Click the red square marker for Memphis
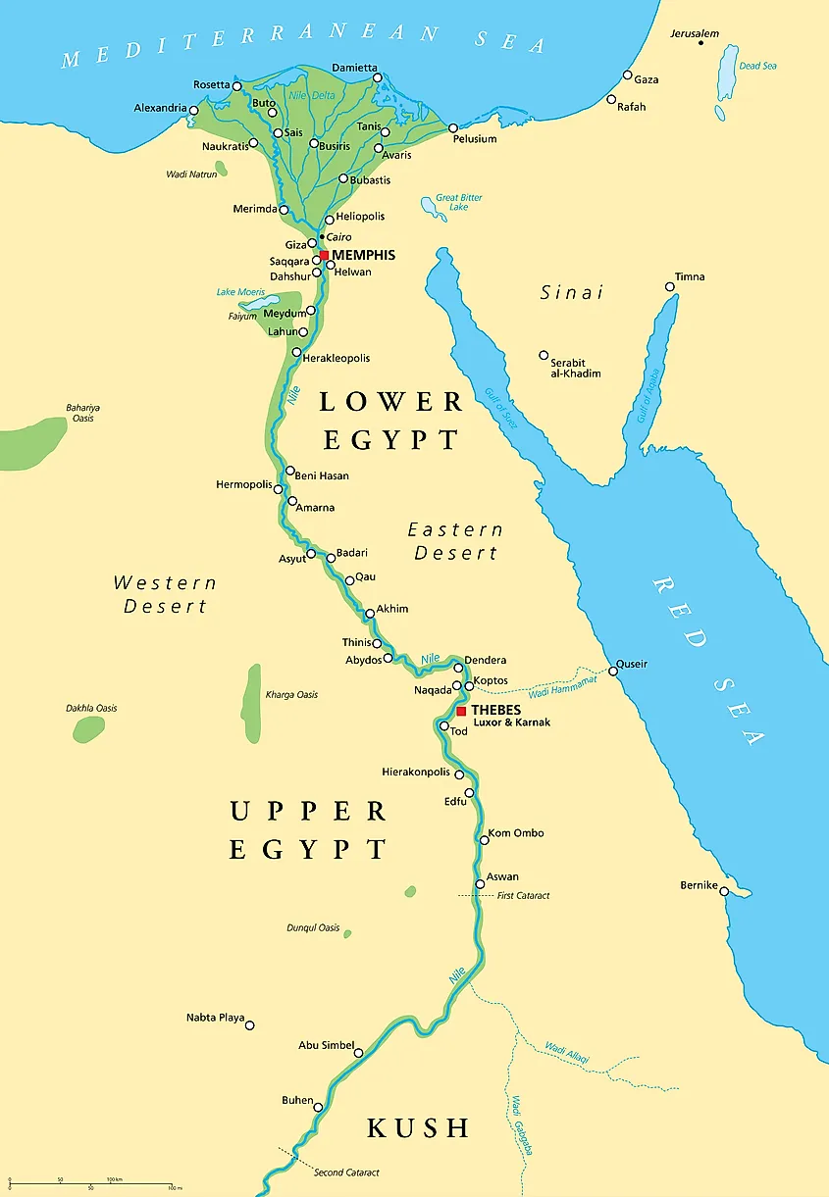(324, 255)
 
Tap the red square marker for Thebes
(461, 711)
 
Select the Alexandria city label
(159, 108)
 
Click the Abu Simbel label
(326, 1045)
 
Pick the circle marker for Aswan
(480, 884)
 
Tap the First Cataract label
(523, 896)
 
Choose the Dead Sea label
(757, 66)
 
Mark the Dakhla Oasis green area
(88, 728)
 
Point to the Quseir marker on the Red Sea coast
(613, 671)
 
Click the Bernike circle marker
(724, 890)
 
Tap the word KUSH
(418, 1127)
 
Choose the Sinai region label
(572, 292)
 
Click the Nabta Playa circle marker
(250, 1025)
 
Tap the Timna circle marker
(670, 287)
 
